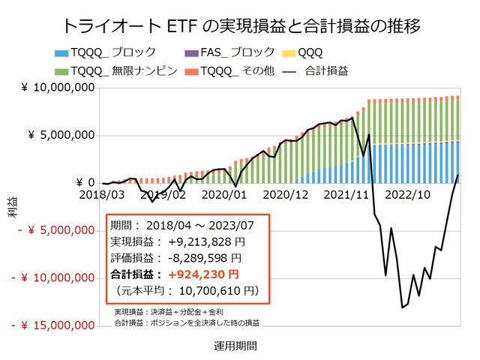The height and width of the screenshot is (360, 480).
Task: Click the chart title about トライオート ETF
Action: coord(239,25)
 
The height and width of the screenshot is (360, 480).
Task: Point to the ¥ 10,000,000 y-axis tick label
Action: coord(58,88)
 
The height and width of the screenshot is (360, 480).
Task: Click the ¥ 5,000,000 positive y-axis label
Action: coord(61,136)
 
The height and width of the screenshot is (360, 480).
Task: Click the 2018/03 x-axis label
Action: coord(102,193)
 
